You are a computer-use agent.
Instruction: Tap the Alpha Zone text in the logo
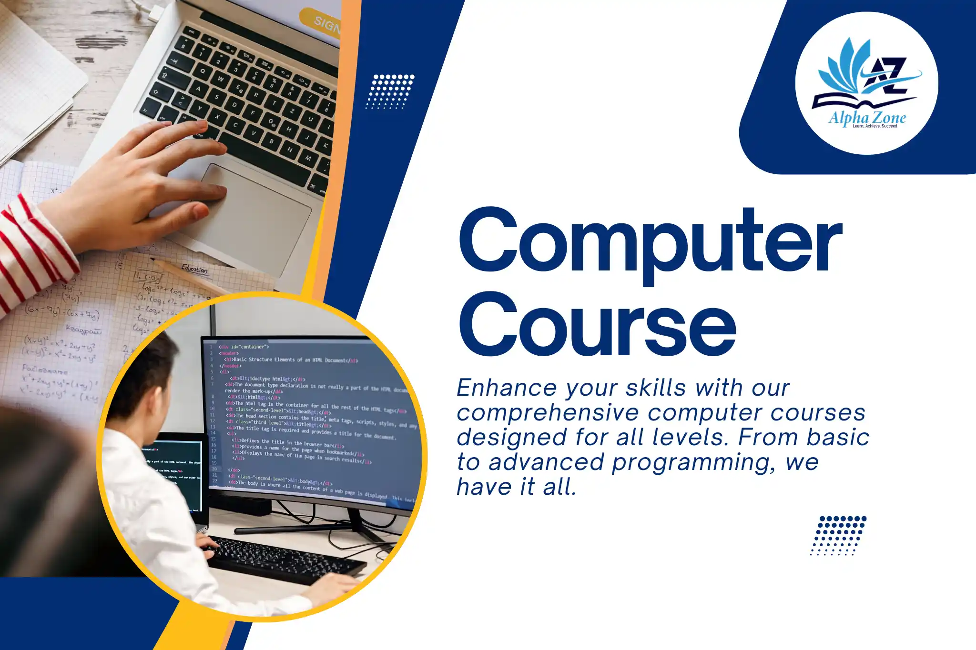867,118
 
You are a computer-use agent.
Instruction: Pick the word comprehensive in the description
548,413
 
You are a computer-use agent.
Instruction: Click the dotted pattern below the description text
839,535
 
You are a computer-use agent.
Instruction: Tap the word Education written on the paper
194,269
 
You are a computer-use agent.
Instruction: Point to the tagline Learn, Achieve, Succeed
874,126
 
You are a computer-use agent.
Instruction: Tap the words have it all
517,487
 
